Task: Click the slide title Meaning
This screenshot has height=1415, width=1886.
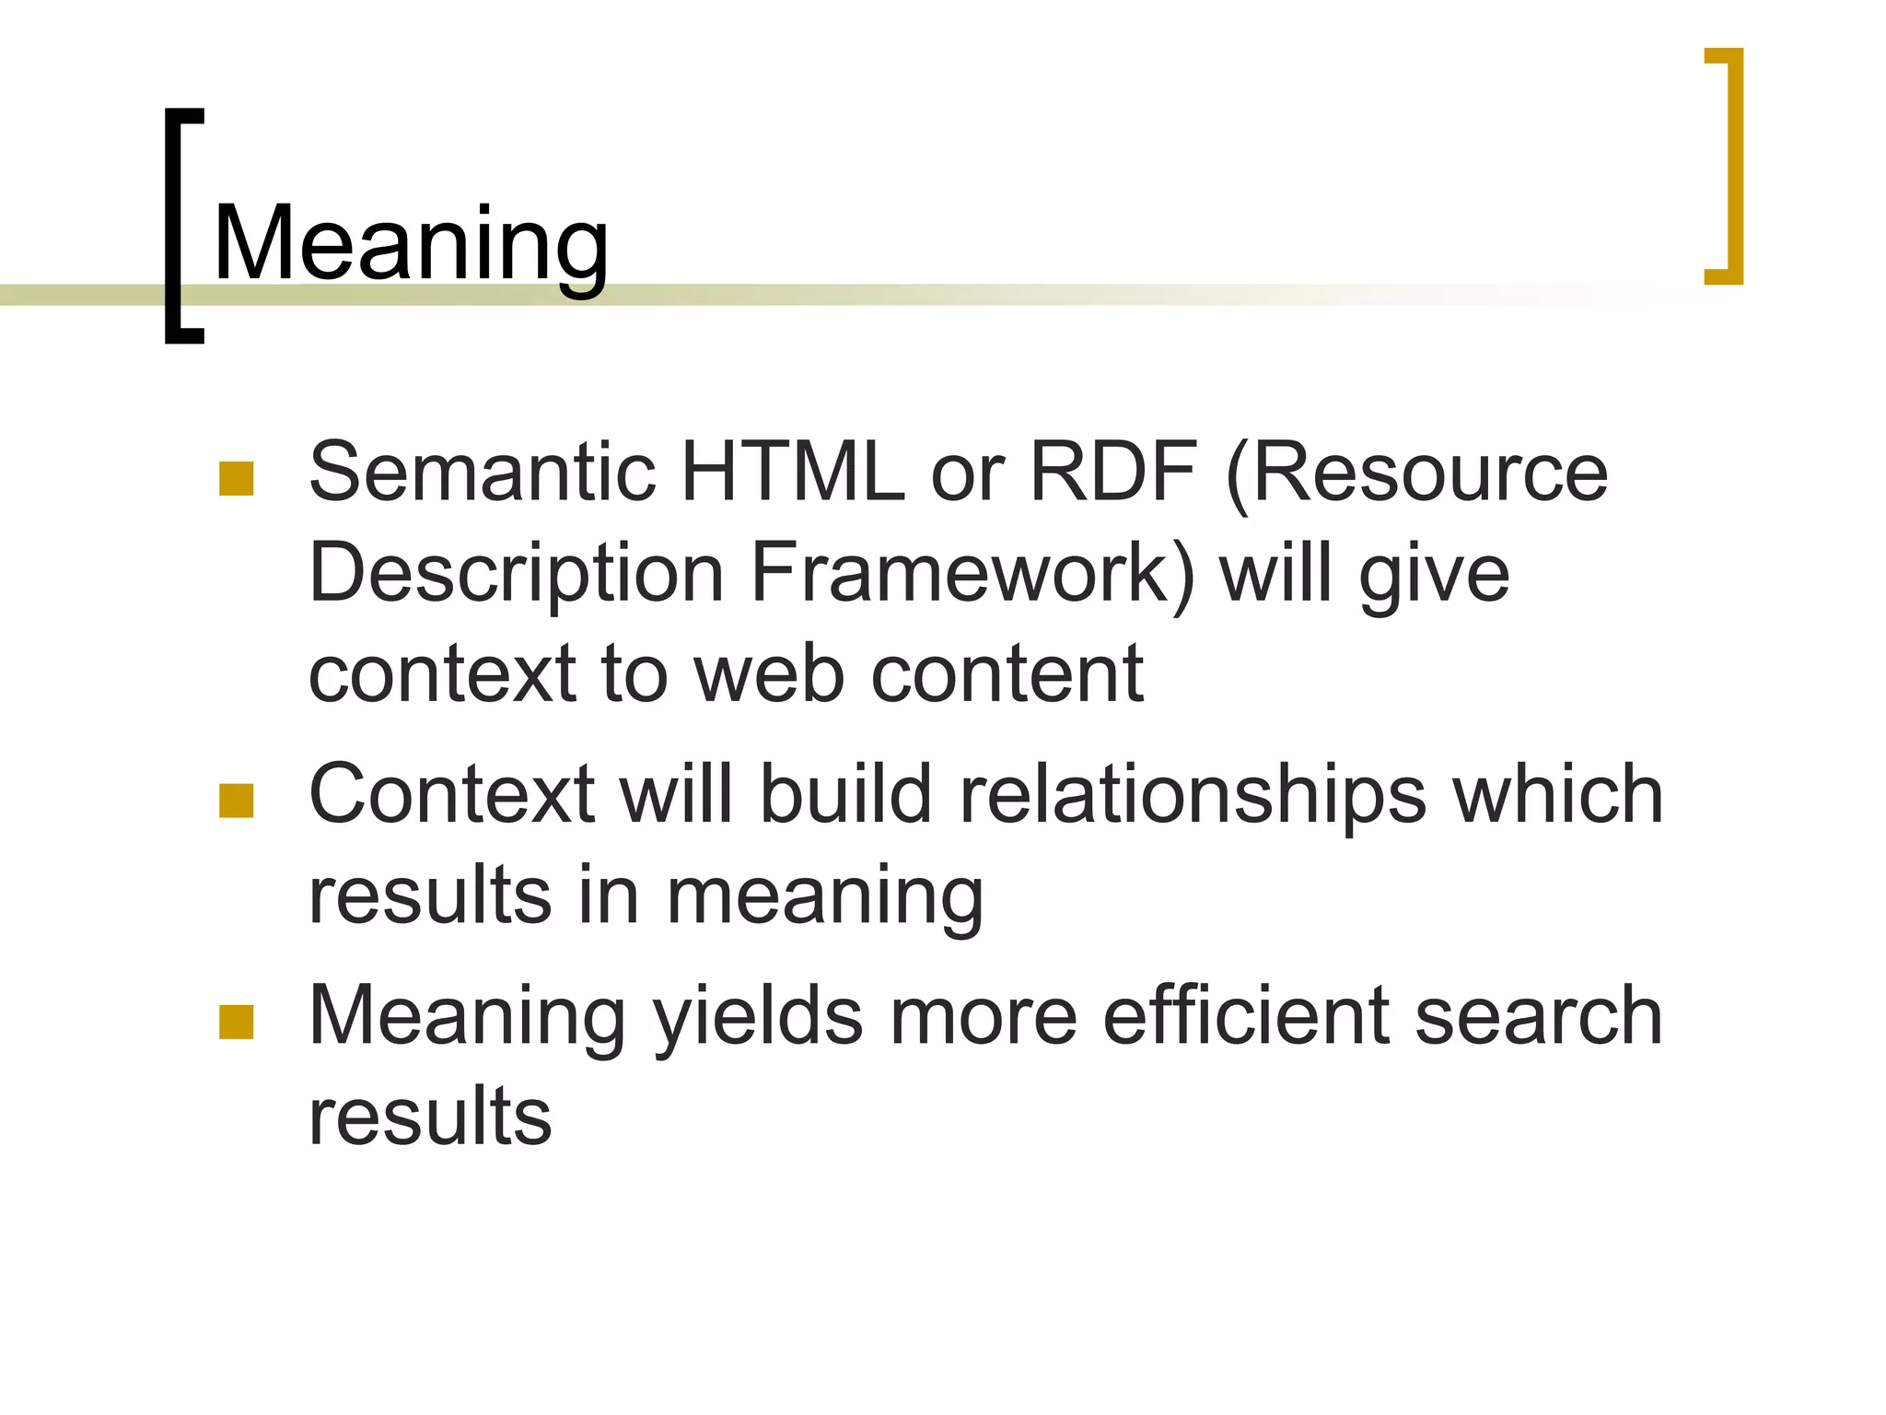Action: pos(411,244)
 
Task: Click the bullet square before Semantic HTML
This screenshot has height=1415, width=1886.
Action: pos(237,479)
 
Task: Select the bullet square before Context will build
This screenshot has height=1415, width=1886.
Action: pos(237,801)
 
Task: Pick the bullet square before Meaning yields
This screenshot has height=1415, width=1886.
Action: pos(237,1023)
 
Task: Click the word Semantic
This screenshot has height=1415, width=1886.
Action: pos(482,472)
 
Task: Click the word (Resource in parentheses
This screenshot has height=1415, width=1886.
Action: pos(1417,472)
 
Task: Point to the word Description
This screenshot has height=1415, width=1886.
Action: pos(516,574)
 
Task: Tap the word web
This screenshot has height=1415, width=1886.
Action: pos(769,673)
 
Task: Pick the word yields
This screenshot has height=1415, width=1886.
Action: pos(758,1016)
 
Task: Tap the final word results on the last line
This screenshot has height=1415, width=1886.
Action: pos(430,1116)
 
